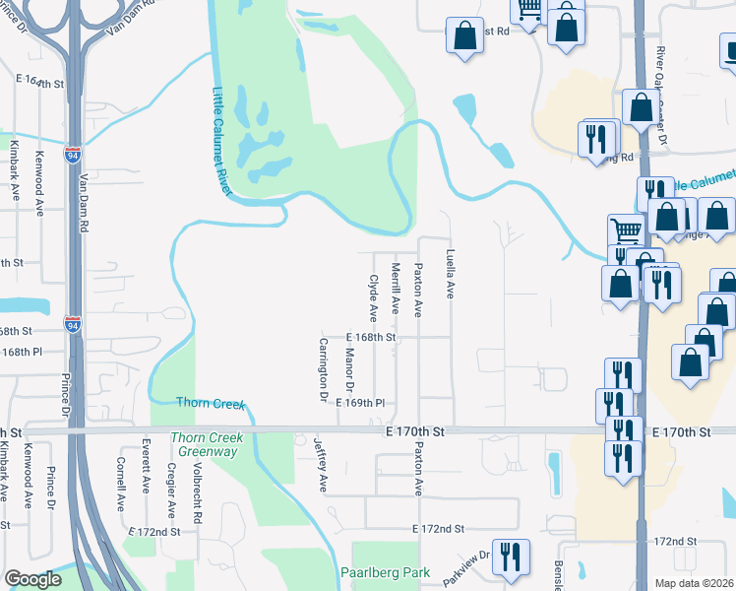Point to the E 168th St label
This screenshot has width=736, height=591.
371,337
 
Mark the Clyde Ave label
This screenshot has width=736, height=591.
374,298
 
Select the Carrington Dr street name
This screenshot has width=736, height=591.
323,370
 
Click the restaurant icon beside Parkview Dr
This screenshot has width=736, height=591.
510,556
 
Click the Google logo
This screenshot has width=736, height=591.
33,579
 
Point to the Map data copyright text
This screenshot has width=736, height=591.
693,583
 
